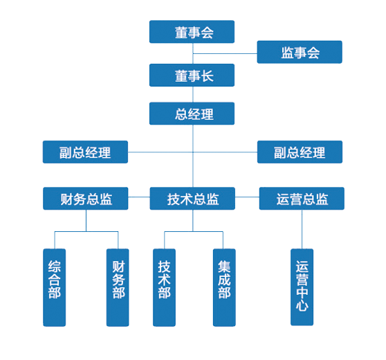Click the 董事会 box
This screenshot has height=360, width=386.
pyautogui.click(x=192, y=32)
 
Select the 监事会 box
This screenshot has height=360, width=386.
pyautogui.click(x=300, y=52)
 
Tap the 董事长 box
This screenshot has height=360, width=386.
pyautogui.click(x=192, y=75)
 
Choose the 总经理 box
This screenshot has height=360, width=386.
pyautogui.click(x=192, y=114)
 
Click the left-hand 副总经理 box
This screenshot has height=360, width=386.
pyautogui.click(x=85, y=152)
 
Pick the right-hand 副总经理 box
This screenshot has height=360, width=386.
pyautogui.click(x=300, y=152)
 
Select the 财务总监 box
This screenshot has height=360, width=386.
pyautogui.click(x=85, y=199)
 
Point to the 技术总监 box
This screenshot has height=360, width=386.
pyautogui.click(x=192, y=199)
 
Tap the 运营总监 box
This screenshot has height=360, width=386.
pyautogui.click(x=302, y=199)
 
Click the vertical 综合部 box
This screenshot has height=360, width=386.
pyautogui.click(x=55, y=287)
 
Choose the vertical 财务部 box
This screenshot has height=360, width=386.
pyautogui.click(x=118, y=287)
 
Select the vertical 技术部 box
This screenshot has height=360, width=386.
pyautogui.click(x=164, y=287)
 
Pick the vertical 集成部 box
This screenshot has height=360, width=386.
pyautogui.click(x=224, y=287)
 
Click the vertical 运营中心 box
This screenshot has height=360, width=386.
pyautogui.click(x=302, y=287)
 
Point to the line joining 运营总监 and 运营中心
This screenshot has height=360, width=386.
pyautogui.click(x=302, y=229)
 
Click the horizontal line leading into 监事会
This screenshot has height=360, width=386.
pyautogui.click(x=225, y=53)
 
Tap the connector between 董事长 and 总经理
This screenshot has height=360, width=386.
pyautogui.click(x=193, y=94)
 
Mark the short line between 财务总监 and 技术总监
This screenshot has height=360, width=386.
pyautogui.click(x=139, y=197)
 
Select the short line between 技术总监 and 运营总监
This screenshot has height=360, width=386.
pyautogui.click(x=247, y=197)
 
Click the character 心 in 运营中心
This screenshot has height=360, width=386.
pyautogui.click(x=302, y=306)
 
